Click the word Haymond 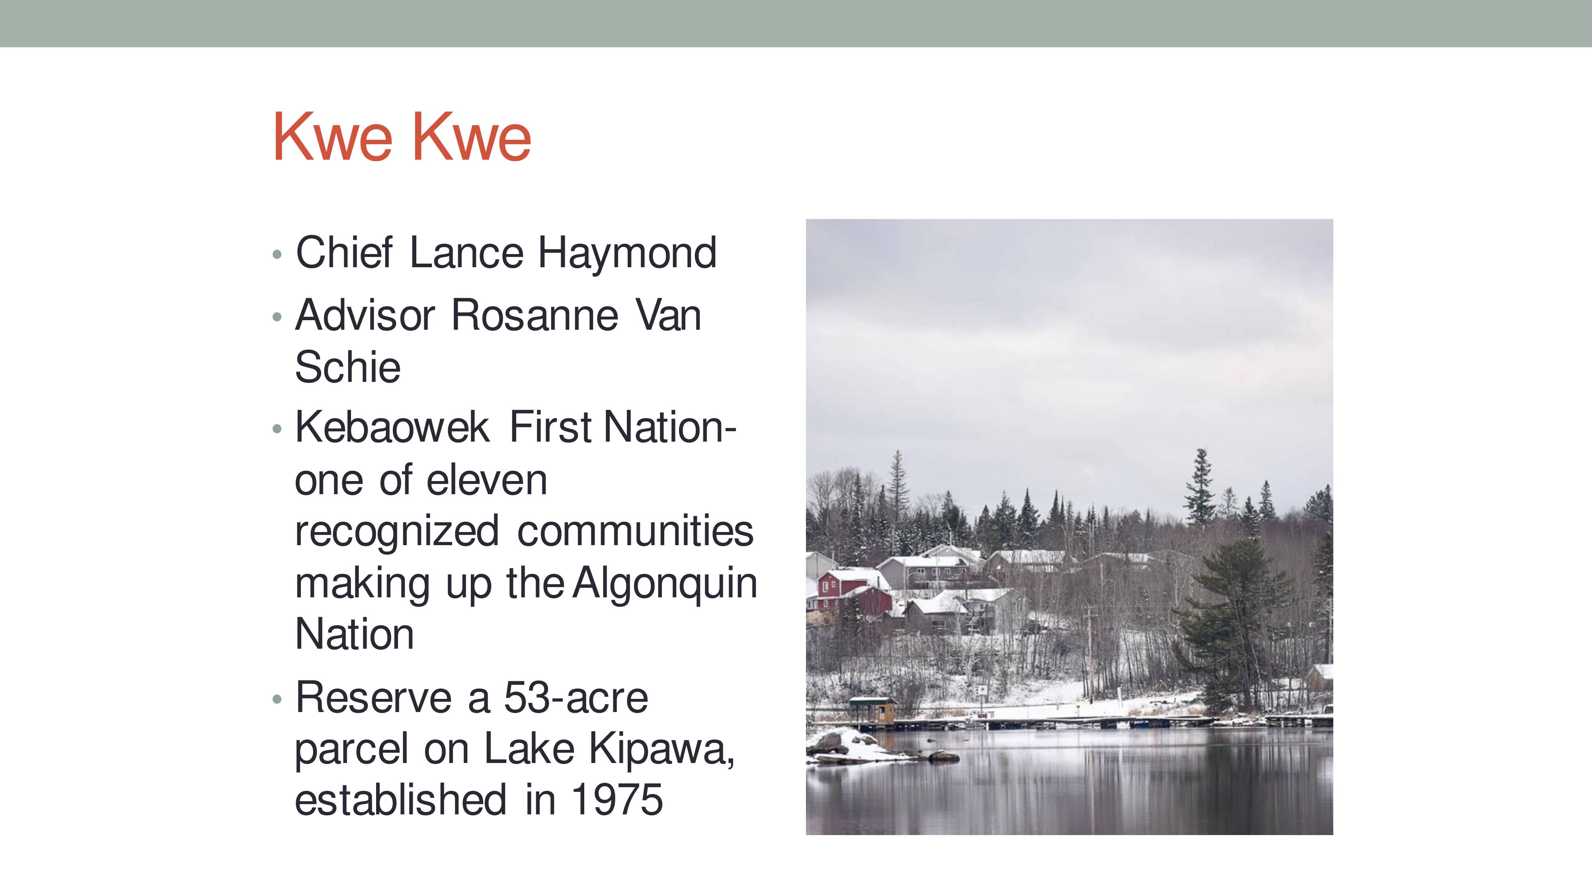627,254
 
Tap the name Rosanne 535,315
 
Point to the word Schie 348,367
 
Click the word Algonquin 665,584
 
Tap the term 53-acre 576,698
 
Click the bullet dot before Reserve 277,699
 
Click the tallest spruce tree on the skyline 1200,489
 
